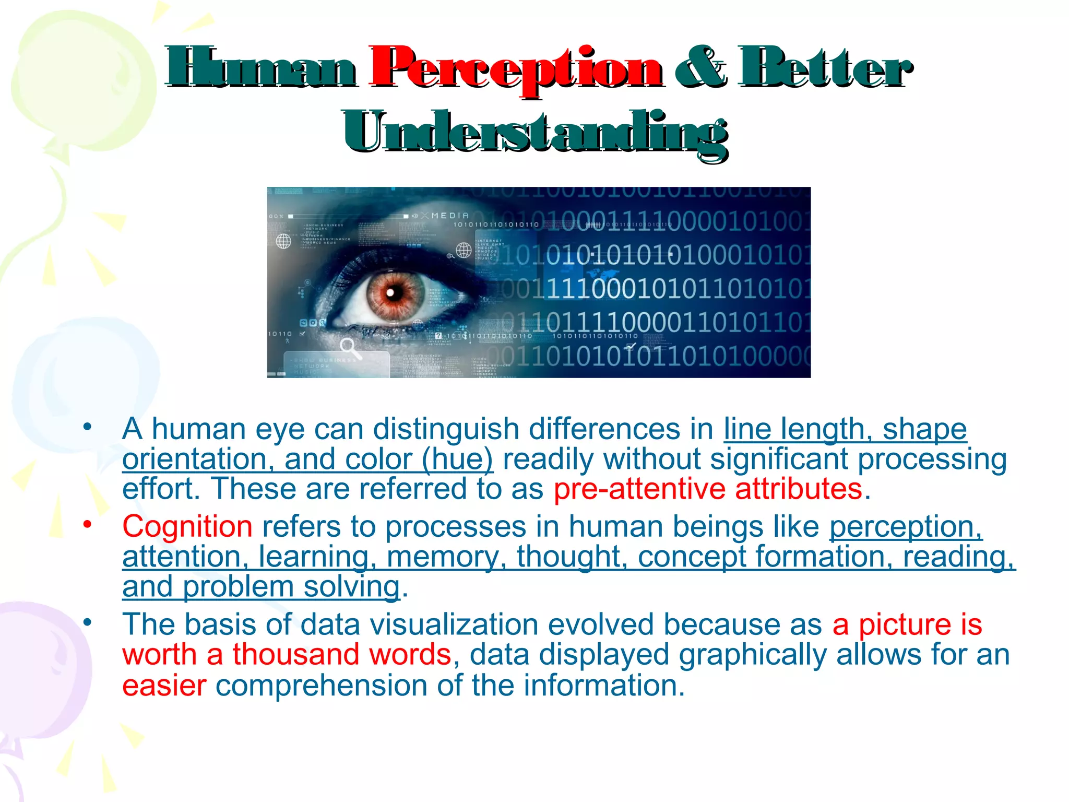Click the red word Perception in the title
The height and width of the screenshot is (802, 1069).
coord(516,69)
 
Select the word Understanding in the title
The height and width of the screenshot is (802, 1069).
coord(535,133)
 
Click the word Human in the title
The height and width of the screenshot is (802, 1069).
coord(262,68)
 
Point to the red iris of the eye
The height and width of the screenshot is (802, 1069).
coord(395,294)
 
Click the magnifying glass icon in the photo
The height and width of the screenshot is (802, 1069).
coord(349,347)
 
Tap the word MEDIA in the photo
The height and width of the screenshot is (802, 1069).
coord(450,215)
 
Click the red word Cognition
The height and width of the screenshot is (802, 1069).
coord(187,526)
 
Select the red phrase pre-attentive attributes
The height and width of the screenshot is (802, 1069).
coord(708,489)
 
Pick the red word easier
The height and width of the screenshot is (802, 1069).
coord(164,685)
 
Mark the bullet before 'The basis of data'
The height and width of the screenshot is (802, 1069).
coord(87,622)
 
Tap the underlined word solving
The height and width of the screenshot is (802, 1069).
coord(352,587)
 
